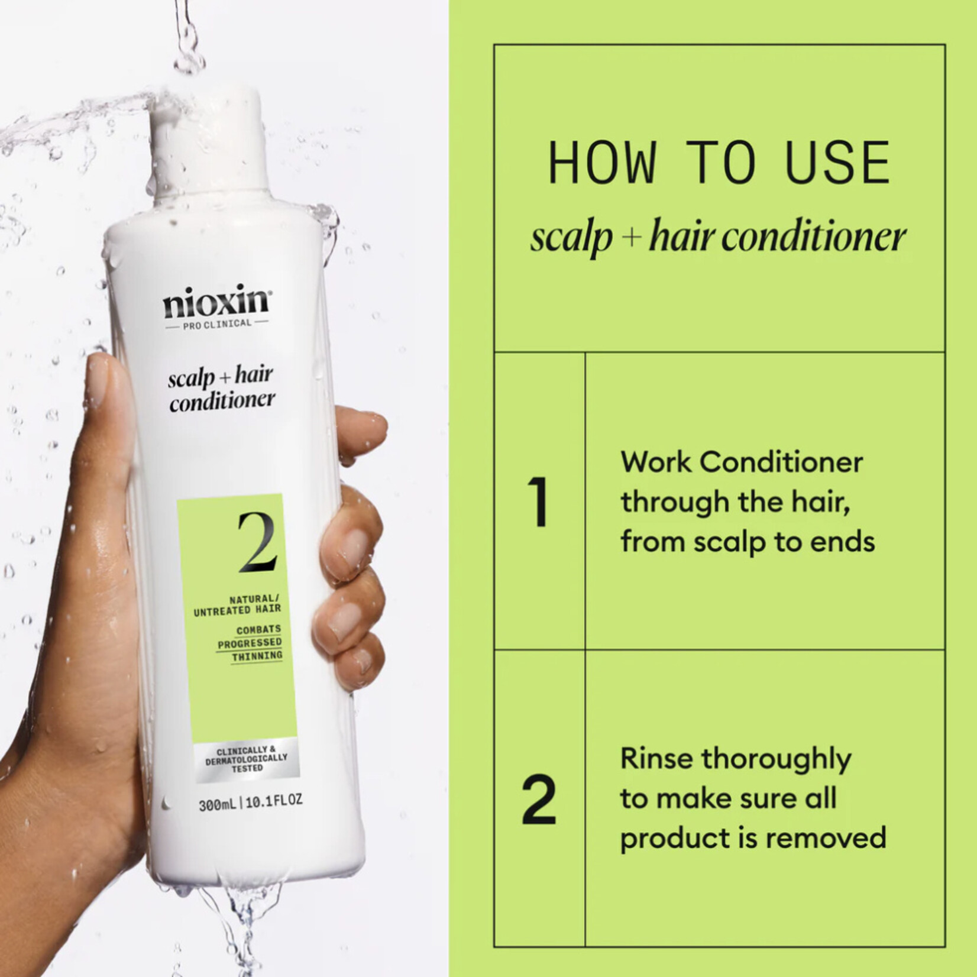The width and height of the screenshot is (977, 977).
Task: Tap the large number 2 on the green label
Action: click(x=257, y=542)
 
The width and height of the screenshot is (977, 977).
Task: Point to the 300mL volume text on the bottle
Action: click(x=218, y=804)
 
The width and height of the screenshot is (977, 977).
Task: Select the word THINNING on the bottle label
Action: click(x=257, y=656)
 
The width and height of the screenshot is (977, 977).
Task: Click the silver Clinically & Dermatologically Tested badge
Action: click(x=247, y=759)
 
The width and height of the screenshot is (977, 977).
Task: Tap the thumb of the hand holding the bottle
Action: click(x=106, y=402)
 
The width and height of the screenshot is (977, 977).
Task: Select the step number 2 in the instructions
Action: click(x=539, y=799)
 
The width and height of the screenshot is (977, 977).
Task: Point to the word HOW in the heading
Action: click(x=602, y=163)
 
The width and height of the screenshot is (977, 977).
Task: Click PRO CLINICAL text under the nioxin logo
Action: click(x=217, y=323)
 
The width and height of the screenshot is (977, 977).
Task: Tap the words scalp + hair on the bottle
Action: click(x=220, y=377)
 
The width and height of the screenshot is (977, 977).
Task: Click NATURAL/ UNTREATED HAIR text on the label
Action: click(x=238, y=604)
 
